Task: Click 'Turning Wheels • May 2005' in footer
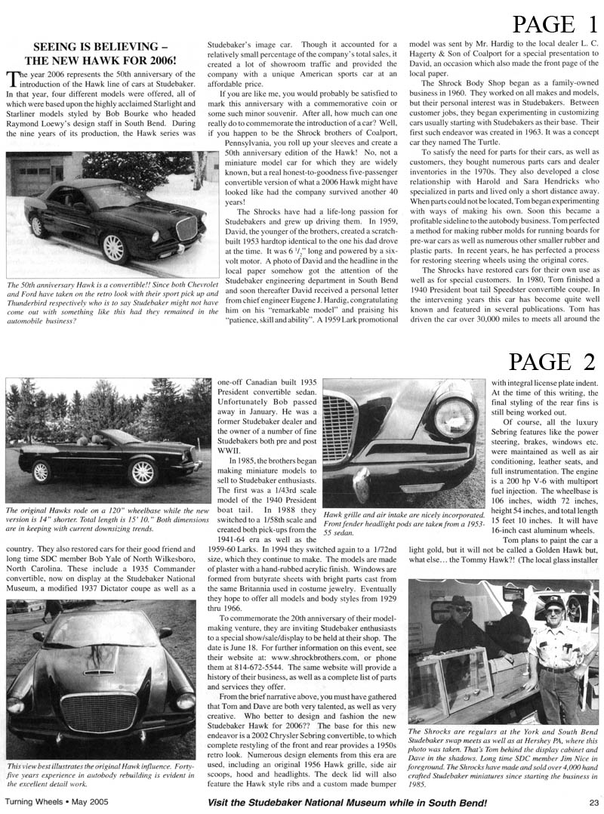53,803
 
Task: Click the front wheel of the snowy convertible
112,248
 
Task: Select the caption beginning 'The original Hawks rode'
107,520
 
